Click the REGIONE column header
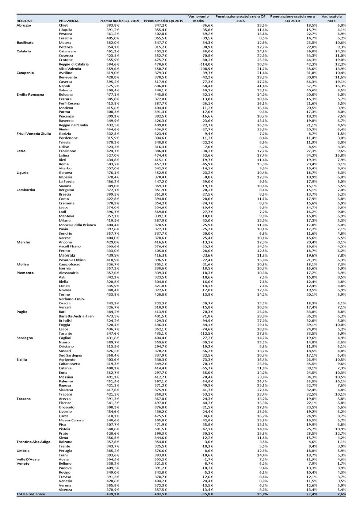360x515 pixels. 24,21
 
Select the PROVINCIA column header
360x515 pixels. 68,21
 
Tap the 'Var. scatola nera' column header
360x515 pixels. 331,19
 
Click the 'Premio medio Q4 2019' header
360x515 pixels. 164,21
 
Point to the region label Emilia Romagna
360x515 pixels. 30,95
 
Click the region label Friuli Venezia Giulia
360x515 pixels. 34,134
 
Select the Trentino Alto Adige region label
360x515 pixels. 34,442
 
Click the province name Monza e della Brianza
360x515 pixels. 77,225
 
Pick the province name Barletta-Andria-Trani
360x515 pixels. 77,316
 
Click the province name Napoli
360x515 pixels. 65,86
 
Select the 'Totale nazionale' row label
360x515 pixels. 31,494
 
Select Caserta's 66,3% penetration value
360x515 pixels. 311,81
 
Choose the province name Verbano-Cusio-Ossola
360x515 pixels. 72,301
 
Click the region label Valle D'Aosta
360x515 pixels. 28,459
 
